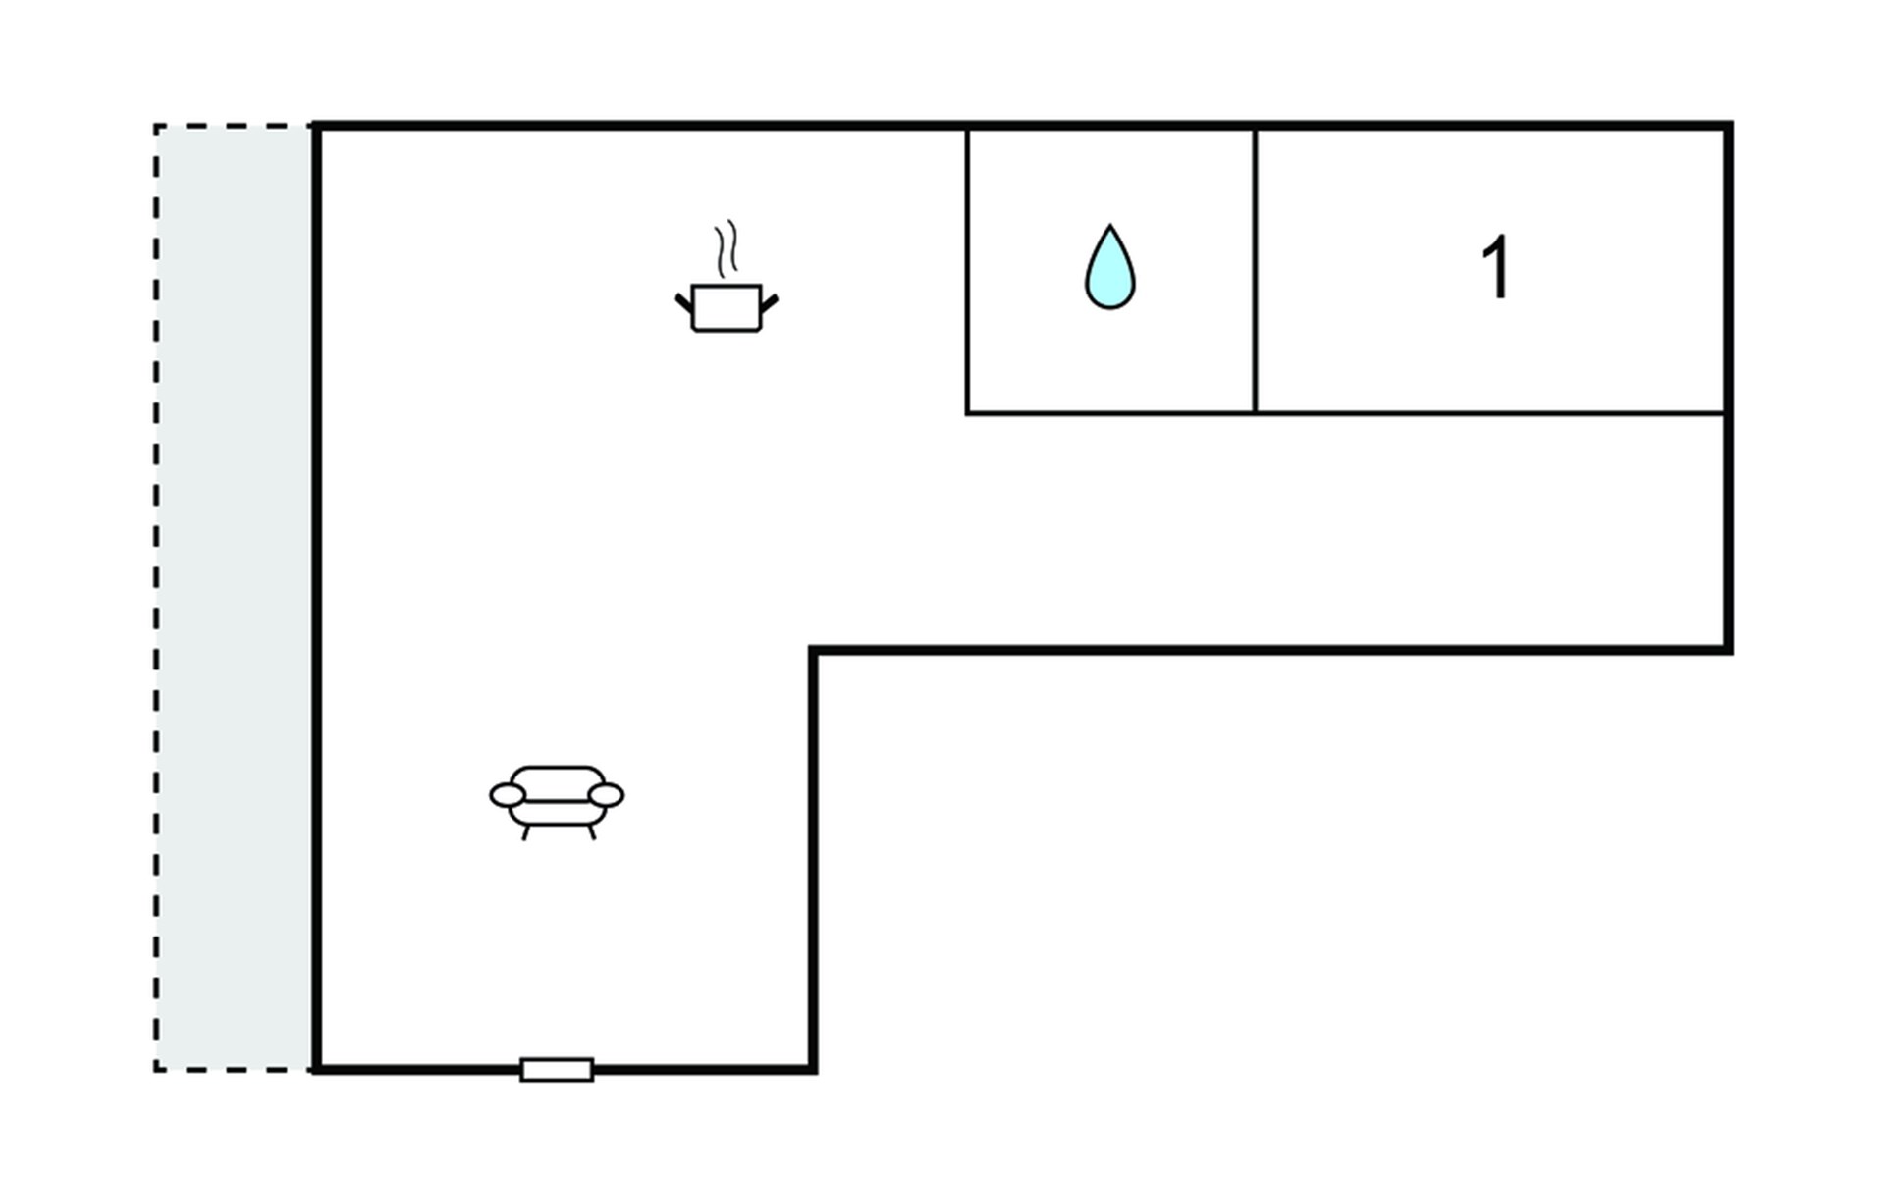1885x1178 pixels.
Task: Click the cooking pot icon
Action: click(x=727, y=307)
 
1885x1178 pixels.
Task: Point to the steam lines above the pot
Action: click(x=726, y=248)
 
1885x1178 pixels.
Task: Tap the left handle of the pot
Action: click(x=683, y=302)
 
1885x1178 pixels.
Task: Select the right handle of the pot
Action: click(x=770, y=302)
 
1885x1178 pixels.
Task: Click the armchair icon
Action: click(x=557, y=800)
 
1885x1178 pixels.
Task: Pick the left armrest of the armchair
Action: click(x=508, y=795)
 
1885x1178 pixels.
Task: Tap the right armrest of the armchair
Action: click(x=606, y=795)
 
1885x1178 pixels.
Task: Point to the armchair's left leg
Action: click(x=526, y=832)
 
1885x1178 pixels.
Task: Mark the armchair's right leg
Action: click(x=591, y=832)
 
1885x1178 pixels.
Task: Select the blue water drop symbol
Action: click(x=1109, y=270)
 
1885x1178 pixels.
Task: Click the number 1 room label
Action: click(x=1495, y=267)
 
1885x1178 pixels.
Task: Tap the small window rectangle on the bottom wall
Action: click(x=557, y=1069)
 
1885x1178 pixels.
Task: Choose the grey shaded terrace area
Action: click(x=234, y=597)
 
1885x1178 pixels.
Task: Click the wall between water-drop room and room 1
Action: click(x=1255, y=270)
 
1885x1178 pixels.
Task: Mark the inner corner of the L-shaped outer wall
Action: click(x=813, y=650)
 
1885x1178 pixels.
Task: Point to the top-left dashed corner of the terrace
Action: click(x=156, y=126)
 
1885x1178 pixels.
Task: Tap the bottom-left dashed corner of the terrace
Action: click(x=156, y=1069)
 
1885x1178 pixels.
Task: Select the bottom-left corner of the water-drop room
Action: click(x=967, y=413)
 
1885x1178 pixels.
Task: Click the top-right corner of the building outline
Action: click(x=1728, y=126)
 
